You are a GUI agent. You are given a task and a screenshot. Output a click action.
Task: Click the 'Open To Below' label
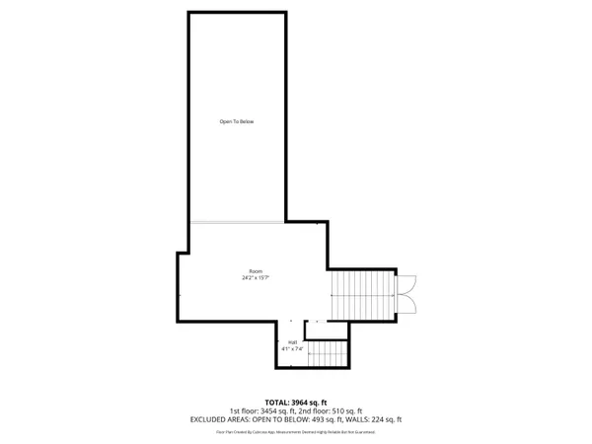tap(237, 121)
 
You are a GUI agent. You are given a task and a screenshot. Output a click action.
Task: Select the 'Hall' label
tap(293, 342)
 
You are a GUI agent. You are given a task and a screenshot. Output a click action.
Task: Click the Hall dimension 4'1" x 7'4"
tap(293, 349)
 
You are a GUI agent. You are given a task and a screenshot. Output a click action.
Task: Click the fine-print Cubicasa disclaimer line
tap(296, 431)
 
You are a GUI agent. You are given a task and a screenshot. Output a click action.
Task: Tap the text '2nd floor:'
tap(308, 410)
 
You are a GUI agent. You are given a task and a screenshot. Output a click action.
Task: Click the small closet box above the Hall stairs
tap(317, 330)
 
